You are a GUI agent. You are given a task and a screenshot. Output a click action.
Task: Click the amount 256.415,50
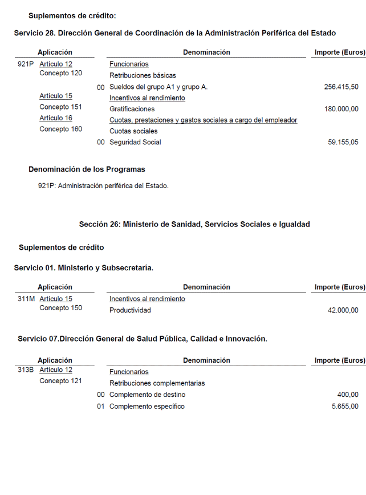pyautogui.click(x=341, y=87)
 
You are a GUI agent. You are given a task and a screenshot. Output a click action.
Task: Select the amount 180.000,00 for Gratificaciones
pyautogui.click(x=341, y=109)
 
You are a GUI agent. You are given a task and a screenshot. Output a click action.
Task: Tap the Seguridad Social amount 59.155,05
pyautogui.click(x=343, y=142)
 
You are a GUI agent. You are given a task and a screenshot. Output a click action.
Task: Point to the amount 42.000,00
pyautogui.click(x=343, y=310)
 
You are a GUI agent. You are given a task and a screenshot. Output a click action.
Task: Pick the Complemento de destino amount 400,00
pyautogui.click(x=348, y=395)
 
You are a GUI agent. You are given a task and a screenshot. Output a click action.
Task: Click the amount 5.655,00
pyautogui.click(x=345, y=407)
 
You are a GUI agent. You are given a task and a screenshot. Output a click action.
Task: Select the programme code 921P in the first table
pyautogui.click(x=26, y=64)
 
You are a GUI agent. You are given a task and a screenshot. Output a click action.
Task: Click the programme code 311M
pyautogui.click(x=26, y=299)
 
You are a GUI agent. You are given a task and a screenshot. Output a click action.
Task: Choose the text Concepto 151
pyautogui.click(x=60, y=107)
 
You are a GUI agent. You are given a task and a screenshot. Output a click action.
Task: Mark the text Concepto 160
pyautogui.click(x=60, y=129)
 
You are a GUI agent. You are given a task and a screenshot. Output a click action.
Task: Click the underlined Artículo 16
pyautogui.click(x=56, y=118)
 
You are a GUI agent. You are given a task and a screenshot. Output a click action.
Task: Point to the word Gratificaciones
pyautogui.click(x=132, y=109)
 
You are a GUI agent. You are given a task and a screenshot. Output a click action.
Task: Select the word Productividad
pyautogui.click(x=130, y=310)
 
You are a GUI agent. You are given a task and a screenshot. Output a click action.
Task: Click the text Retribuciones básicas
pyautogui.click(x=143, y=75)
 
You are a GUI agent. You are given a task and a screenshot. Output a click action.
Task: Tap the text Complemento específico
pyautogui.click(x=147, y=407)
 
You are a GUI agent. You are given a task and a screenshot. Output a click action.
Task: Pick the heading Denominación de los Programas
pyautogui.click(x=87, y=169)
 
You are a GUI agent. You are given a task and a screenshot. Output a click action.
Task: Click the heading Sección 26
pyautogui.click(x=194, y=225)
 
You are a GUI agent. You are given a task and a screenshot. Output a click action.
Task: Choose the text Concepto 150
pyautogui.click(x=60, y=308)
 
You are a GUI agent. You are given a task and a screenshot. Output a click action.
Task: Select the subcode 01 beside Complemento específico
pyautogui.click(x=101, y=407)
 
